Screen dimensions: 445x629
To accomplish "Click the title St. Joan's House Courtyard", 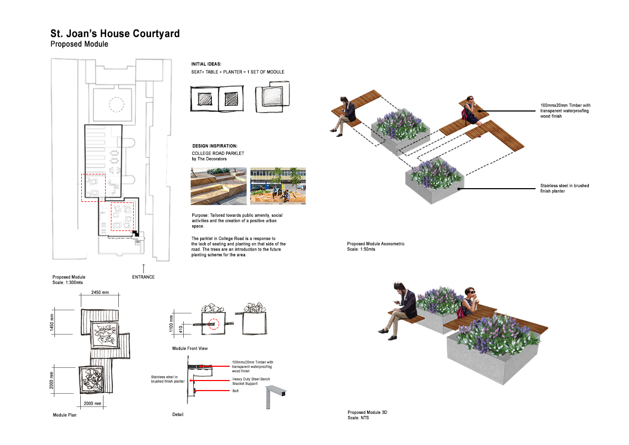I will point(115,34).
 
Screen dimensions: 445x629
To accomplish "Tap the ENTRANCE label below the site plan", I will point(143,277).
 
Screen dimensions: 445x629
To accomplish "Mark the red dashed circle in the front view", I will point(213,324).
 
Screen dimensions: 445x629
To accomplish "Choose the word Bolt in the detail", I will point(236,391).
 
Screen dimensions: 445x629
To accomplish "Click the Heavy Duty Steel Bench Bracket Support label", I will point(252,381).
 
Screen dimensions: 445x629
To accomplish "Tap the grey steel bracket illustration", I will point(274,396).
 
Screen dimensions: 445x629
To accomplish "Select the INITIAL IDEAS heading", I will point(206,64).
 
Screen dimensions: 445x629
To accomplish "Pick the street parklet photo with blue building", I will point(278,186).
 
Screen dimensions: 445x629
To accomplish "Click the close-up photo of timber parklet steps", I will point(218,186).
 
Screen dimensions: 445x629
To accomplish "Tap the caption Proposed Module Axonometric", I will point(375,244).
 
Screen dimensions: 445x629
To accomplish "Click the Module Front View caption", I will point(190,349).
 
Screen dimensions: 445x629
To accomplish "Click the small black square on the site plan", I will point(135,233).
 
